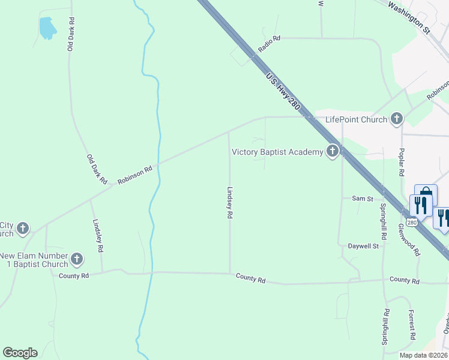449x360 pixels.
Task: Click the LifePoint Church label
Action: [x=356, y=119]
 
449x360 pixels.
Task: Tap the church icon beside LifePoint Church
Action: [x=396, y=119]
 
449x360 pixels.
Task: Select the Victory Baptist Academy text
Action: [x=277, y=152]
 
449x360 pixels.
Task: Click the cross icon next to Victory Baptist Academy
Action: [x=333, y=152]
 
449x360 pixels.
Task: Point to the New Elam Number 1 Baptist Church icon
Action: [x=76, y=259]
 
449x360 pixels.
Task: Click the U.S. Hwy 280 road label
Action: [x=283, y=91]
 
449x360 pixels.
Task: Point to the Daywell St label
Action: [x=363, y=246]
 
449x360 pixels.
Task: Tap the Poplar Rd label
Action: [x=402, y=161]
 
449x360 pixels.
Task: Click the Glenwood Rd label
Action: [x=410, y=239]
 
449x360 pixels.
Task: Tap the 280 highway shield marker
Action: [x=411, y=223]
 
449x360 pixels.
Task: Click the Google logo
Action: [x=20, y=353]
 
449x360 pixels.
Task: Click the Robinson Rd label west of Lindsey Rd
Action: [x=135, y=175]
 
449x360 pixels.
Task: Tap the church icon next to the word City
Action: [x=23, y=228]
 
